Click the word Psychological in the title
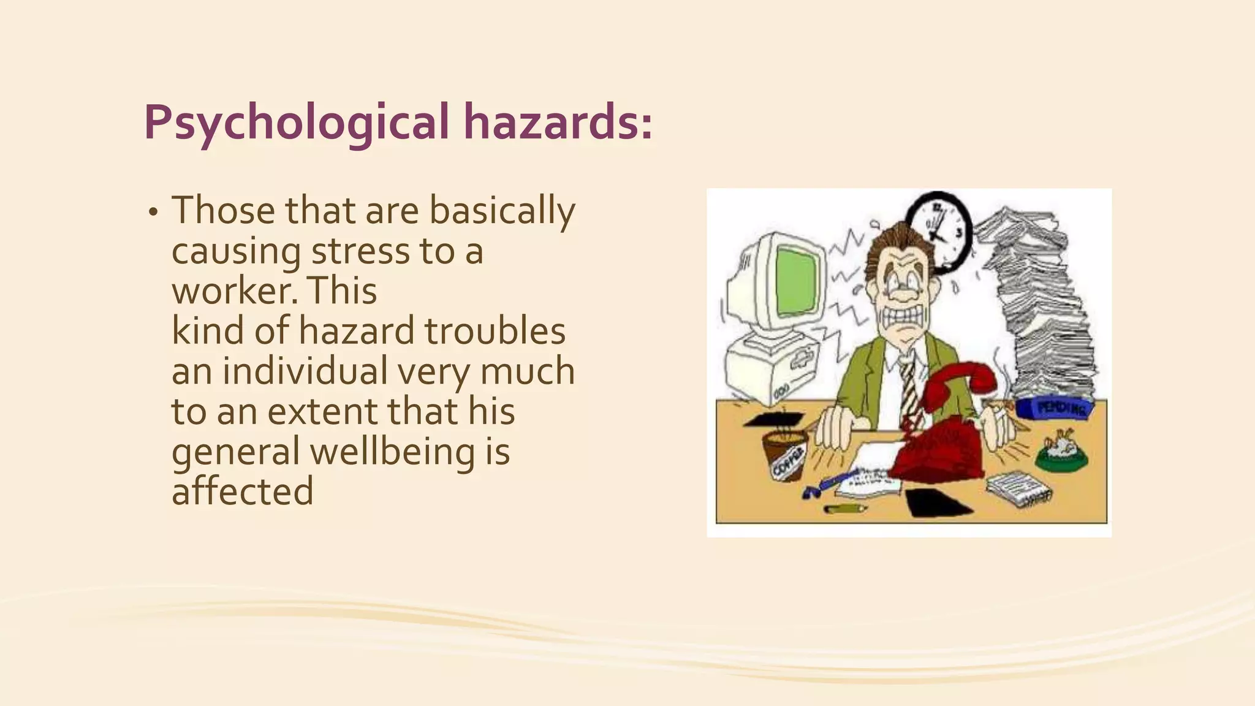[x=297, y=123]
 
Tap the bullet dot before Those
[x=153, y=213]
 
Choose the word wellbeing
[x=392, y=452]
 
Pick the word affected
[x=243, y=492]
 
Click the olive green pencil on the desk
[x=846, y=509]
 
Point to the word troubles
[x=495, y=332]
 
